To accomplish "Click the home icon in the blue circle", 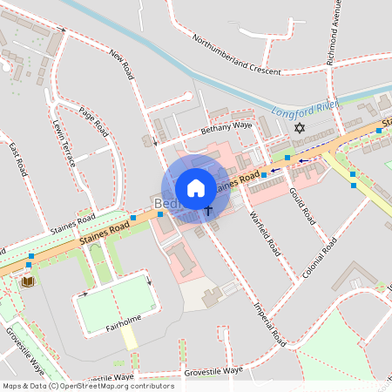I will coord(196,187).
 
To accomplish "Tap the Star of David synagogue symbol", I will coord(301,129).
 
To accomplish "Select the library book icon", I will coord(28,281).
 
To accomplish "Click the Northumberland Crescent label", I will coord(236,55).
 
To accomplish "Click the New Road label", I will coord(121,66).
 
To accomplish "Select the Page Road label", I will coord(92,121).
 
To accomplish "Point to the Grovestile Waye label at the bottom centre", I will coord(213,372).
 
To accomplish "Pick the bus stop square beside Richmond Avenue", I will coord(379,131).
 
